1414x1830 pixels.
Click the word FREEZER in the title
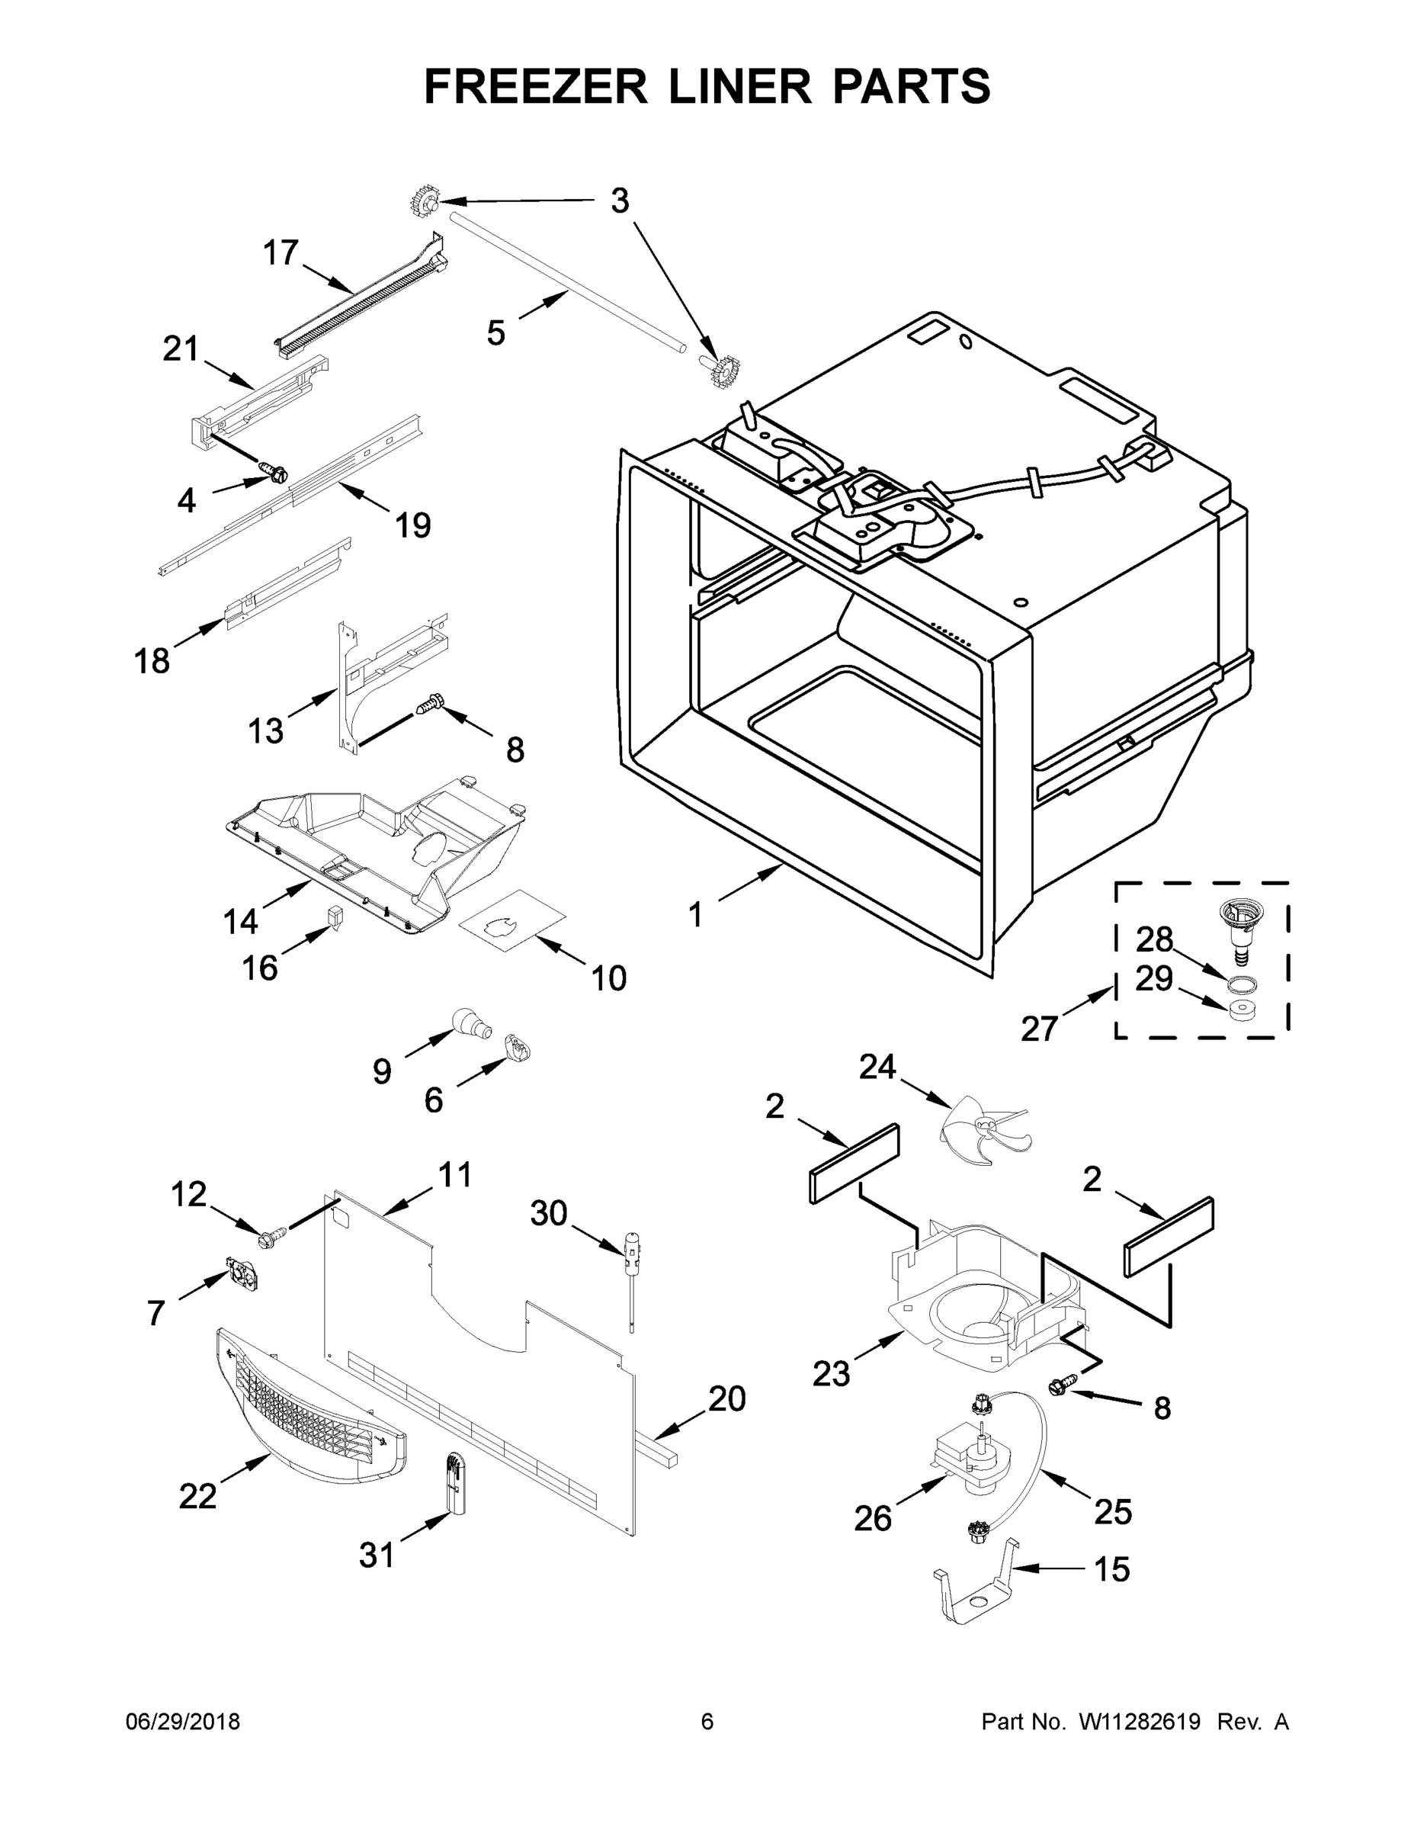535,86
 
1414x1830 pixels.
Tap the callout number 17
281,252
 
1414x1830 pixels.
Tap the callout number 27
1039,1029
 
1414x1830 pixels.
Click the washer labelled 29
1242,1010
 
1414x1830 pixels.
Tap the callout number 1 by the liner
695,915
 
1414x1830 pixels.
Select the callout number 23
831,1374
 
